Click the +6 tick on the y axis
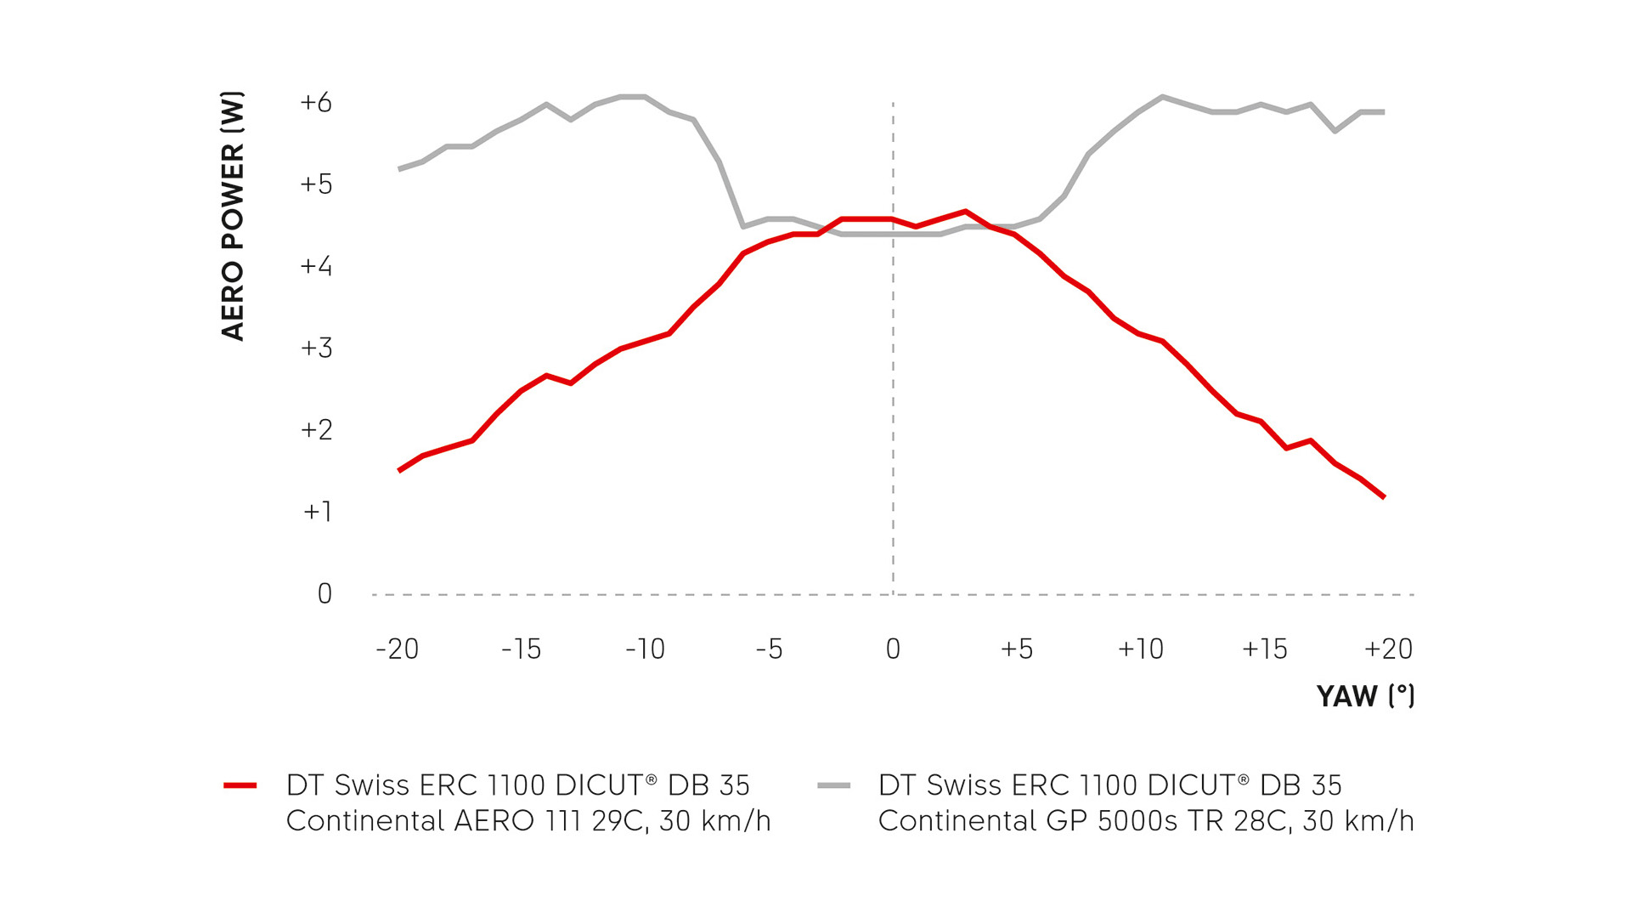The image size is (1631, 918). point(316,103)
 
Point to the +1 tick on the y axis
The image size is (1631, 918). point(317,512)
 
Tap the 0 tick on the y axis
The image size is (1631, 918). point(325,593)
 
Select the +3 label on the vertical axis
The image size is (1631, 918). point(316,348)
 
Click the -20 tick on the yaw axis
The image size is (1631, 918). point(398,649)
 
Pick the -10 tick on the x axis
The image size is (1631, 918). point(645,649)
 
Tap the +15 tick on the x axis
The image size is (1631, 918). point(1264,649)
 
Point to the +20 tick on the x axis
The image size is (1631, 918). point(1388,649)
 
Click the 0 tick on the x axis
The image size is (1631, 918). point(893,649)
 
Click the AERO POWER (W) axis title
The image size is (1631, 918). point(233,216)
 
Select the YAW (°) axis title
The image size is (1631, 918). point(1365,696)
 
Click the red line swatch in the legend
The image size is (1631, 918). point(240,785)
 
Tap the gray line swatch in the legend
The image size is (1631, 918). point(833,785)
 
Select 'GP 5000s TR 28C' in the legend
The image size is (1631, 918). point(1169,821)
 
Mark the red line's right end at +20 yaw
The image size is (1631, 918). point(1385,497)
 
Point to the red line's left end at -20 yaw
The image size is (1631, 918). point(398,471)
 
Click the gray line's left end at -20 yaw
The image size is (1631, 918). point(398,169)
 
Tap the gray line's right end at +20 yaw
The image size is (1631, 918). point(1385,111)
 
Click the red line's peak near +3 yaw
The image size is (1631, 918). point(966,211)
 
